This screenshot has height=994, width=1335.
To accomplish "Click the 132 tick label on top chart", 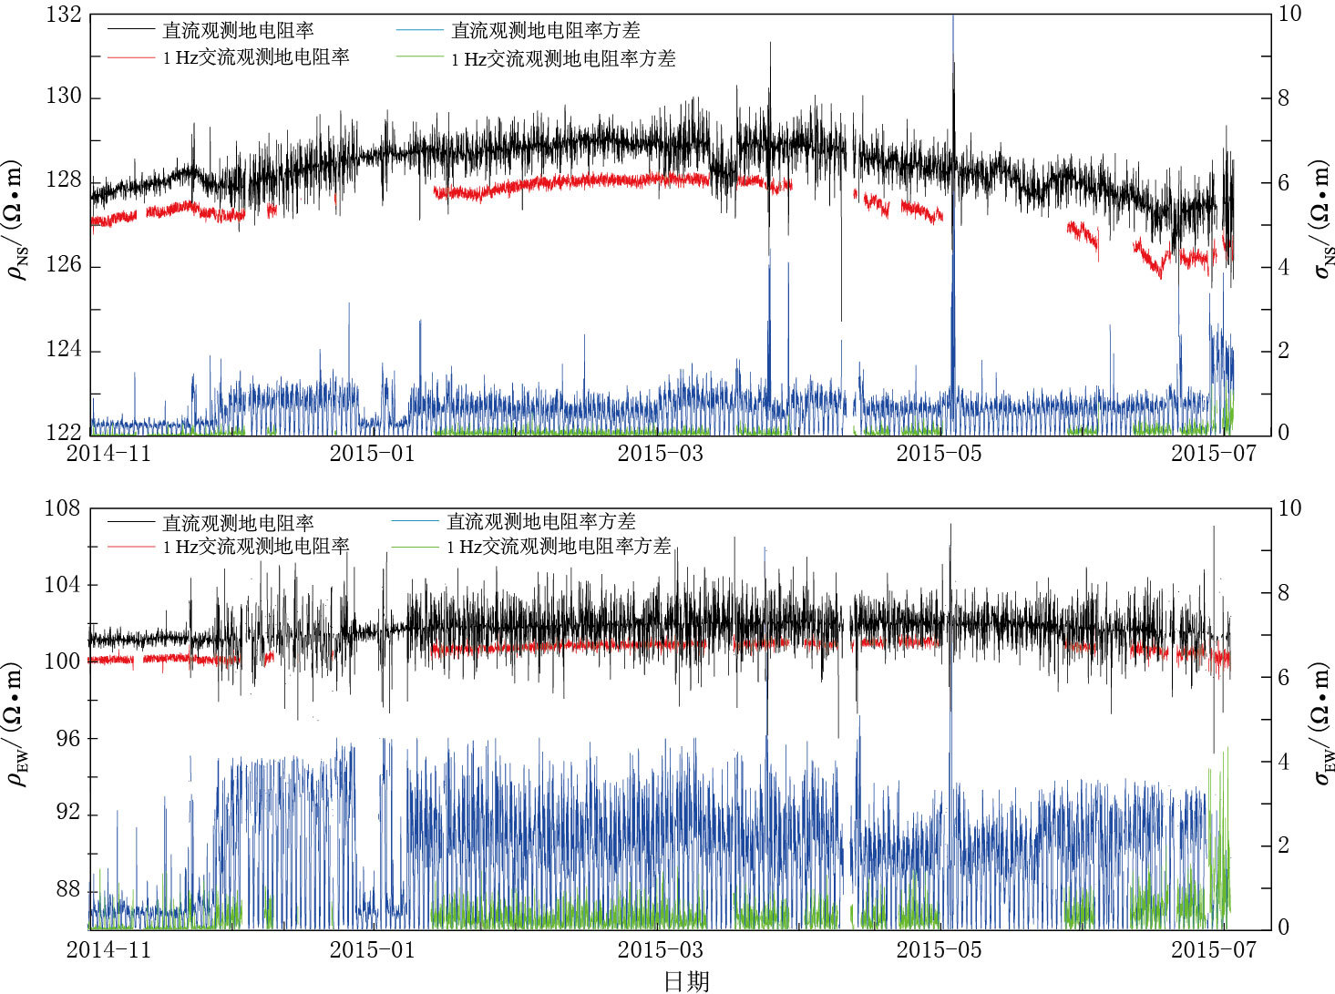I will pos(64,15).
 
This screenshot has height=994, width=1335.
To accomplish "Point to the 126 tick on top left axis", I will pos(64,265).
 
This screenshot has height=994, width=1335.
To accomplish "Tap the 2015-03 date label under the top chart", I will pos(660,453).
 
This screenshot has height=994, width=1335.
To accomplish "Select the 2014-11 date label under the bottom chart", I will pos(108,949).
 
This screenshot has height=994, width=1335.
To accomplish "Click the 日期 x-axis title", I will pos(685,980).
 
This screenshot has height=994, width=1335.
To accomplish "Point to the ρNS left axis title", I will pos(19,220).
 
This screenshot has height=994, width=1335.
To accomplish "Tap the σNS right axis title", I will pos(1321,219).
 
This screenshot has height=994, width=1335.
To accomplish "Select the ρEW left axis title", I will pos(19,723).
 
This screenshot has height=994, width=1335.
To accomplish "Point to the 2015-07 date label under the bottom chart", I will pos(1213,949).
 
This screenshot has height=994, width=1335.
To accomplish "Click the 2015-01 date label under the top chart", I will pos(372,453).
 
